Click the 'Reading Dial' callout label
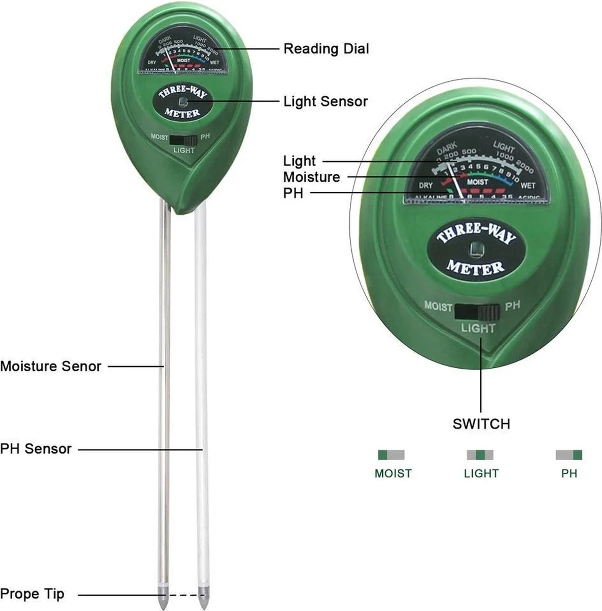click(326, 49)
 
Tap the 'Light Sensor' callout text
click(325, 101)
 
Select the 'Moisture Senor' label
click(50, 366)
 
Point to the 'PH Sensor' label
click(36, 449)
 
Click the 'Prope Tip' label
click(32, 594)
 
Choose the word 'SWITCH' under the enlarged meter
click(481, 424)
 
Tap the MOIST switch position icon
click(391, 455)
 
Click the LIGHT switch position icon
click(480, 455)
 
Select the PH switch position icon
click(569, 455)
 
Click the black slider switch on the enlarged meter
click(478, 311)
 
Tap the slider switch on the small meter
click(183, 140)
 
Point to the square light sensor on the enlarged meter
click(477, 249)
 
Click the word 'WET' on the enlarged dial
click(528, 185)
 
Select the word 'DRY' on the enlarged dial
click(426, 186)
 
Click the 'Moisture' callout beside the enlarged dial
click(311, 177)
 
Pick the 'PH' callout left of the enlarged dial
click(293, 193)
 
